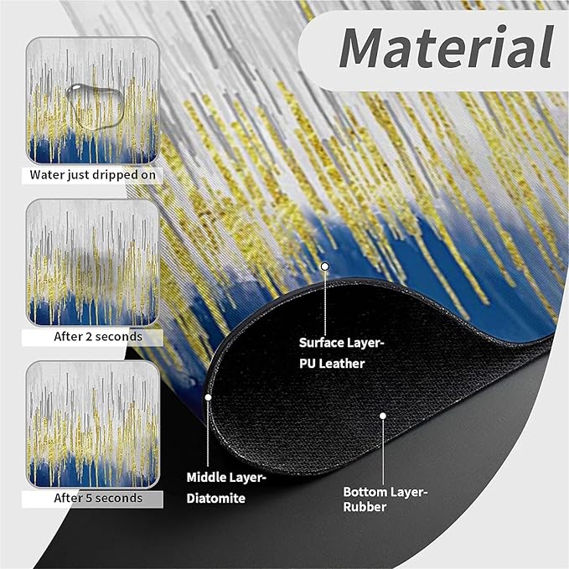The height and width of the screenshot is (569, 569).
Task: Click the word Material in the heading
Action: coord(446,48)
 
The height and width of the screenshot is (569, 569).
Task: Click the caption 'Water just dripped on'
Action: coord(93,175)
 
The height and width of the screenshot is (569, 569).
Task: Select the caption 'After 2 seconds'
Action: coord(98,337)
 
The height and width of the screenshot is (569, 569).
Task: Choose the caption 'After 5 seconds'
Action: coord(98,498)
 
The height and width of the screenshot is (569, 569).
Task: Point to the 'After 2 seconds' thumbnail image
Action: coord(93,263)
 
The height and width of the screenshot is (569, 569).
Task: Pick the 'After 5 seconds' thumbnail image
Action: coord(93,425)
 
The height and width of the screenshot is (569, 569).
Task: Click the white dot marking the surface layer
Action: coord(325,266)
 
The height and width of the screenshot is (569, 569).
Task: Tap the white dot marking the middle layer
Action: coord(208,397)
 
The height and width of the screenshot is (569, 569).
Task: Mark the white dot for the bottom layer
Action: coord(383,416)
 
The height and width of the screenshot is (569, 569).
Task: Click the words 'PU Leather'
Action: coord(332,364)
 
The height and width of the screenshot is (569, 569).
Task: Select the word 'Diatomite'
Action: coord(216,499)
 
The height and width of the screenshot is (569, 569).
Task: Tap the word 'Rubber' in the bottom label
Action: coord(365,507)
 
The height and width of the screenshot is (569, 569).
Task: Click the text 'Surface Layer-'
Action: coord(341,343)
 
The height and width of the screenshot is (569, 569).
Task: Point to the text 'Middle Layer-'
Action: coord(226,478)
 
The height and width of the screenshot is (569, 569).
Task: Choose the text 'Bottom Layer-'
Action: coord(385,492)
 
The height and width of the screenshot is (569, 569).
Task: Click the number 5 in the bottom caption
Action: coord(88,498)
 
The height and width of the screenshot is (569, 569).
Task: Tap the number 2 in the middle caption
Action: coord(88,337)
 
